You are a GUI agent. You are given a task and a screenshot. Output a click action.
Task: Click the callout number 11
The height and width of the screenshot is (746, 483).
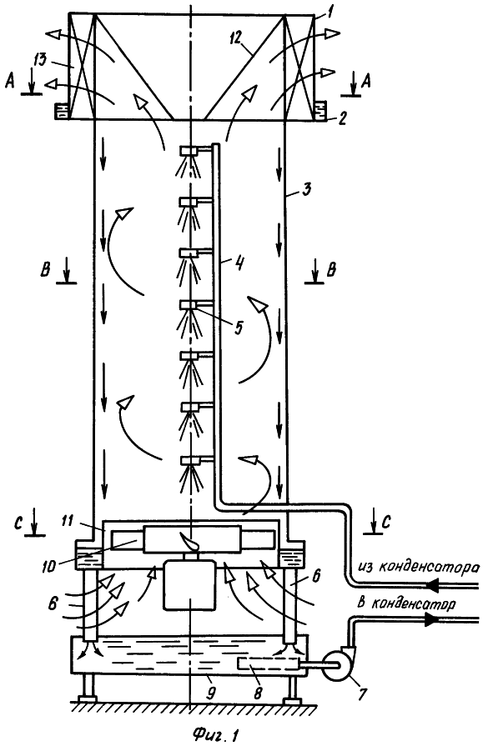(68, 521)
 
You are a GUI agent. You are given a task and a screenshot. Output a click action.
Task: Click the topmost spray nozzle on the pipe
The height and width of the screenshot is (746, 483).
(189, 151)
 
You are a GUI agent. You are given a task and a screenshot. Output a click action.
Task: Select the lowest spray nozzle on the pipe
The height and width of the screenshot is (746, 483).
(189, 461)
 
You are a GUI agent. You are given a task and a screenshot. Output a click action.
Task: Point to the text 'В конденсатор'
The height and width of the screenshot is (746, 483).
(404, 603)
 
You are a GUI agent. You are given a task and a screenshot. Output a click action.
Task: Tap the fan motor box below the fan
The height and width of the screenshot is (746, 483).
(190, 585)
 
